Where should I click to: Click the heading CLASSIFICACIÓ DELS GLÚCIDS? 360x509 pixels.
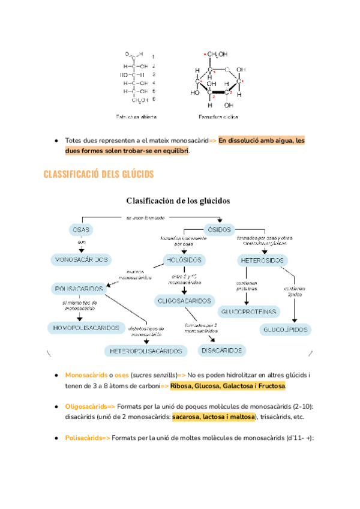click(99, 175)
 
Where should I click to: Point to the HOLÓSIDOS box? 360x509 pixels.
click(184, 260)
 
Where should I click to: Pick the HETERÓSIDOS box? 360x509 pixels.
click(262, 260)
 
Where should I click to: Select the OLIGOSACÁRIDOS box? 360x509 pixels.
click(184, 300)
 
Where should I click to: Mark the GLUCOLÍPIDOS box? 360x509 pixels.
click(286, 330)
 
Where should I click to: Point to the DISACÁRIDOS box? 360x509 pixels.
click(221, 349)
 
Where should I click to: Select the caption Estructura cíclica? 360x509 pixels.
click(221, 116)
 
